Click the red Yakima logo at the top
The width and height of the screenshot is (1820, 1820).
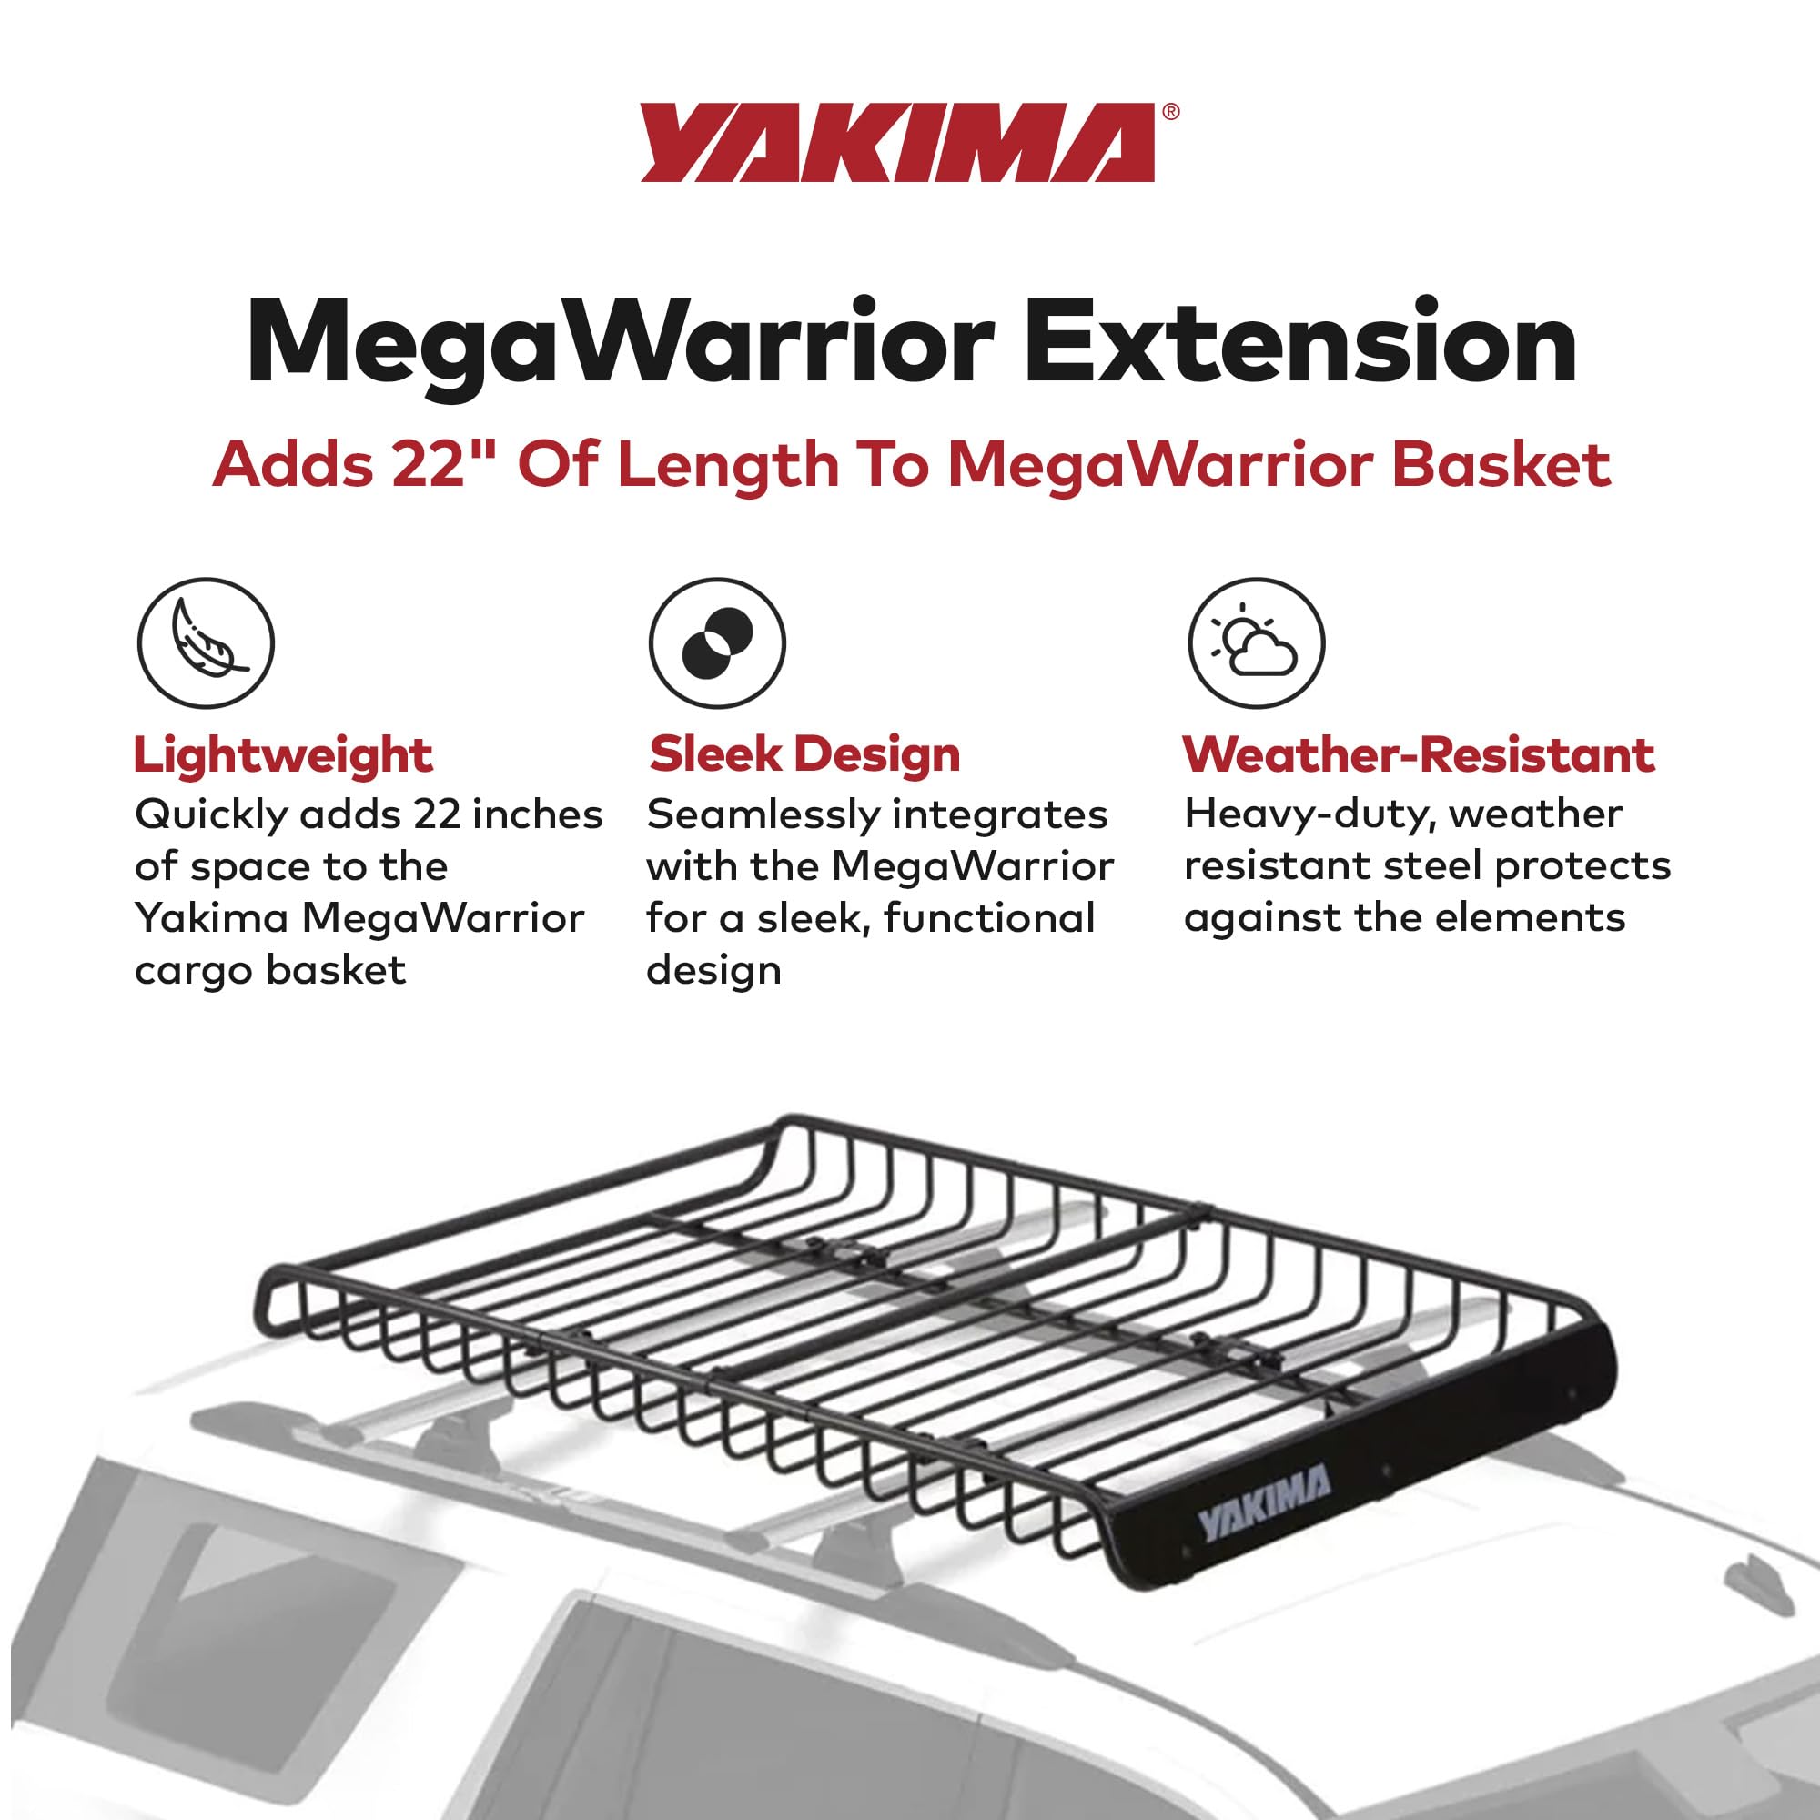pyautogui.click(x=898, y=143)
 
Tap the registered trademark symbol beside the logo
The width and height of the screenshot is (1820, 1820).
pyautogui.click(x=1170, y=111)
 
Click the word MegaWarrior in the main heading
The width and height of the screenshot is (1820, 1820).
pyautogui.click(x=620, y=345)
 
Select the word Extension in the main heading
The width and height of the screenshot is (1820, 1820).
pyautogui.click(x=1301, y=343)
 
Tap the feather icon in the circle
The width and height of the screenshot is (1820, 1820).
pyautogui.click(x=206, y=642)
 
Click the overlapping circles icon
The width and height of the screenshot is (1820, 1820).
pyautogui.click(x=717, y=642)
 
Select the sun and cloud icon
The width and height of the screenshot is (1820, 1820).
pyautogui.click(x=1256, y=642)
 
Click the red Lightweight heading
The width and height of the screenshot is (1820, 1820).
pyautogui.click(x=283, y=755)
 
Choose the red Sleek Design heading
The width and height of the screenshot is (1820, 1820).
pyautogui.click(x=804, y=754)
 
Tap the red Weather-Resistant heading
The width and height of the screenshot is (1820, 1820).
pyautogui.click(x=1418, y=754)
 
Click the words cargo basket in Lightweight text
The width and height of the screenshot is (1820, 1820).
pyautogui.click(x=270, y=970)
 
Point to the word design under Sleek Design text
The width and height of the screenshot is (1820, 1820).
pyautogui.click(x=713, y=970)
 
